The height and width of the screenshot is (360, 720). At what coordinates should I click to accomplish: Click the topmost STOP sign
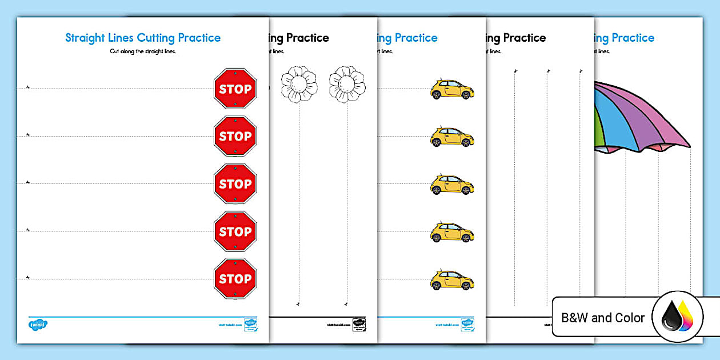[235, 89]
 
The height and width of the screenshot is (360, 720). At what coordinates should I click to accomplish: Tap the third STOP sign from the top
[235, 183]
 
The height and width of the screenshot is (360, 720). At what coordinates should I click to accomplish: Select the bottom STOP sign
[235, 279]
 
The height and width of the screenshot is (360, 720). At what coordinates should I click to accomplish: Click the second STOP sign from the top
[235, 136]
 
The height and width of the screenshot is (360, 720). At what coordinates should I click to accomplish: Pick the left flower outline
[298, 85]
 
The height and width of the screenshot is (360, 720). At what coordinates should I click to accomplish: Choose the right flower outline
[347, 85]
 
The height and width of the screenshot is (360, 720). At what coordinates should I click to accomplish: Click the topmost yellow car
[451, 89]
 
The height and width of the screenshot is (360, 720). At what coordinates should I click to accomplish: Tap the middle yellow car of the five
[451, 185]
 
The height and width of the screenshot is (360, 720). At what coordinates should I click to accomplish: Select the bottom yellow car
[451, 280]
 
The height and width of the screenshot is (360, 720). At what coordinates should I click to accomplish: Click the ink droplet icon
[678, 318]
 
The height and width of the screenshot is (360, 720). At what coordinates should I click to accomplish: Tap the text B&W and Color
[603, 318]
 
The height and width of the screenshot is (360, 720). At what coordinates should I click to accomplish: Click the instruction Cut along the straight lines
[143, 51]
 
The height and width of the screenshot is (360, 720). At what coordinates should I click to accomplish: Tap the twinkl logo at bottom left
[38, 324]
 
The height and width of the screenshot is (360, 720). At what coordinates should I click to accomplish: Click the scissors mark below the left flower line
[298, 304]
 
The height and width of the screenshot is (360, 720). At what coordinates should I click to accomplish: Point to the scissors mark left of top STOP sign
[27, 87]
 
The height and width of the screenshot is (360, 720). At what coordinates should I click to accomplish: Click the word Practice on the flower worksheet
[307, 38]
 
